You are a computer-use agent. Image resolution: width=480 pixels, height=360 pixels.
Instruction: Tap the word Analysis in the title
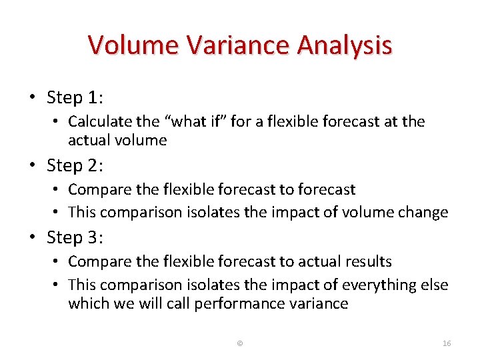click(x=345, y=45)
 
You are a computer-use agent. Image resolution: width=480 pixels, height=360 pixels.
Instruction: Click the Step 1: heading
click(x=75, y=97)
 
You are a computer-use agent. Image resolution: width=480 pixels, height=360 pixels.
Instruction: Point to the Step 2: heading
click(x=75, y=165)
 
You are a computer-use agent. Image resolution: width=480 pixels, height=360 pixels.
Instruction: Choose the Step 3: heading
click(x=75, y=237)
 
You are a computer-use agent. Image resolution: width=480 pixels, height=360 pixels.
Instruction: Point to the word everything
click(x=379, y=285)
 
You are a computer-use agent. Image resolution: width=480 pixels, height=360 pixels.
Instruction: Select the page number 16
click(x=447, y=343)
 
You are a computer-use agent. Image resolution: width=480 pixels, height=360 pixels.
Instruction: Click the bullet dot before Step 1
click(x=33, y=98)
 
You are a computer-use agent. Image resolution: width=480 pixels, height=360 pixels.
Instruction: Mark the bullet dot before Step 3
click(x=33, y=238)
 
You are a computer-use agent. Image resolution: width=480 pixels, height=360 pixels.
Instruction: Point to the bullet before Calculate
click(x=57, y=122)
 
